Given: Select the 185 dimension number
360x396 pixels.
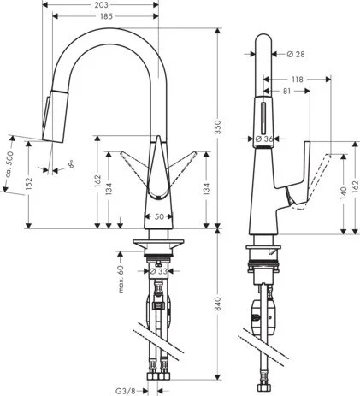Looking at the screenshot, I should (105, 16).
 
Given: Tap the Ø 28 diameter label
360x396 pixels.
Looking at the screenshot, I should (294, 54).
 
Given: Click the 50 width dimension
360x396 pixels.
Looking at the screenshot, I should (159, 217).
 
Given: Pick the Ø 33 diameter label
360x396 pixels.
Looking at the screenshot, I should (158, 273).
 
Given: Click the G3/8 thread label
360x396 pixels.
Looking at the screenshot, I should (126, 390).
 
